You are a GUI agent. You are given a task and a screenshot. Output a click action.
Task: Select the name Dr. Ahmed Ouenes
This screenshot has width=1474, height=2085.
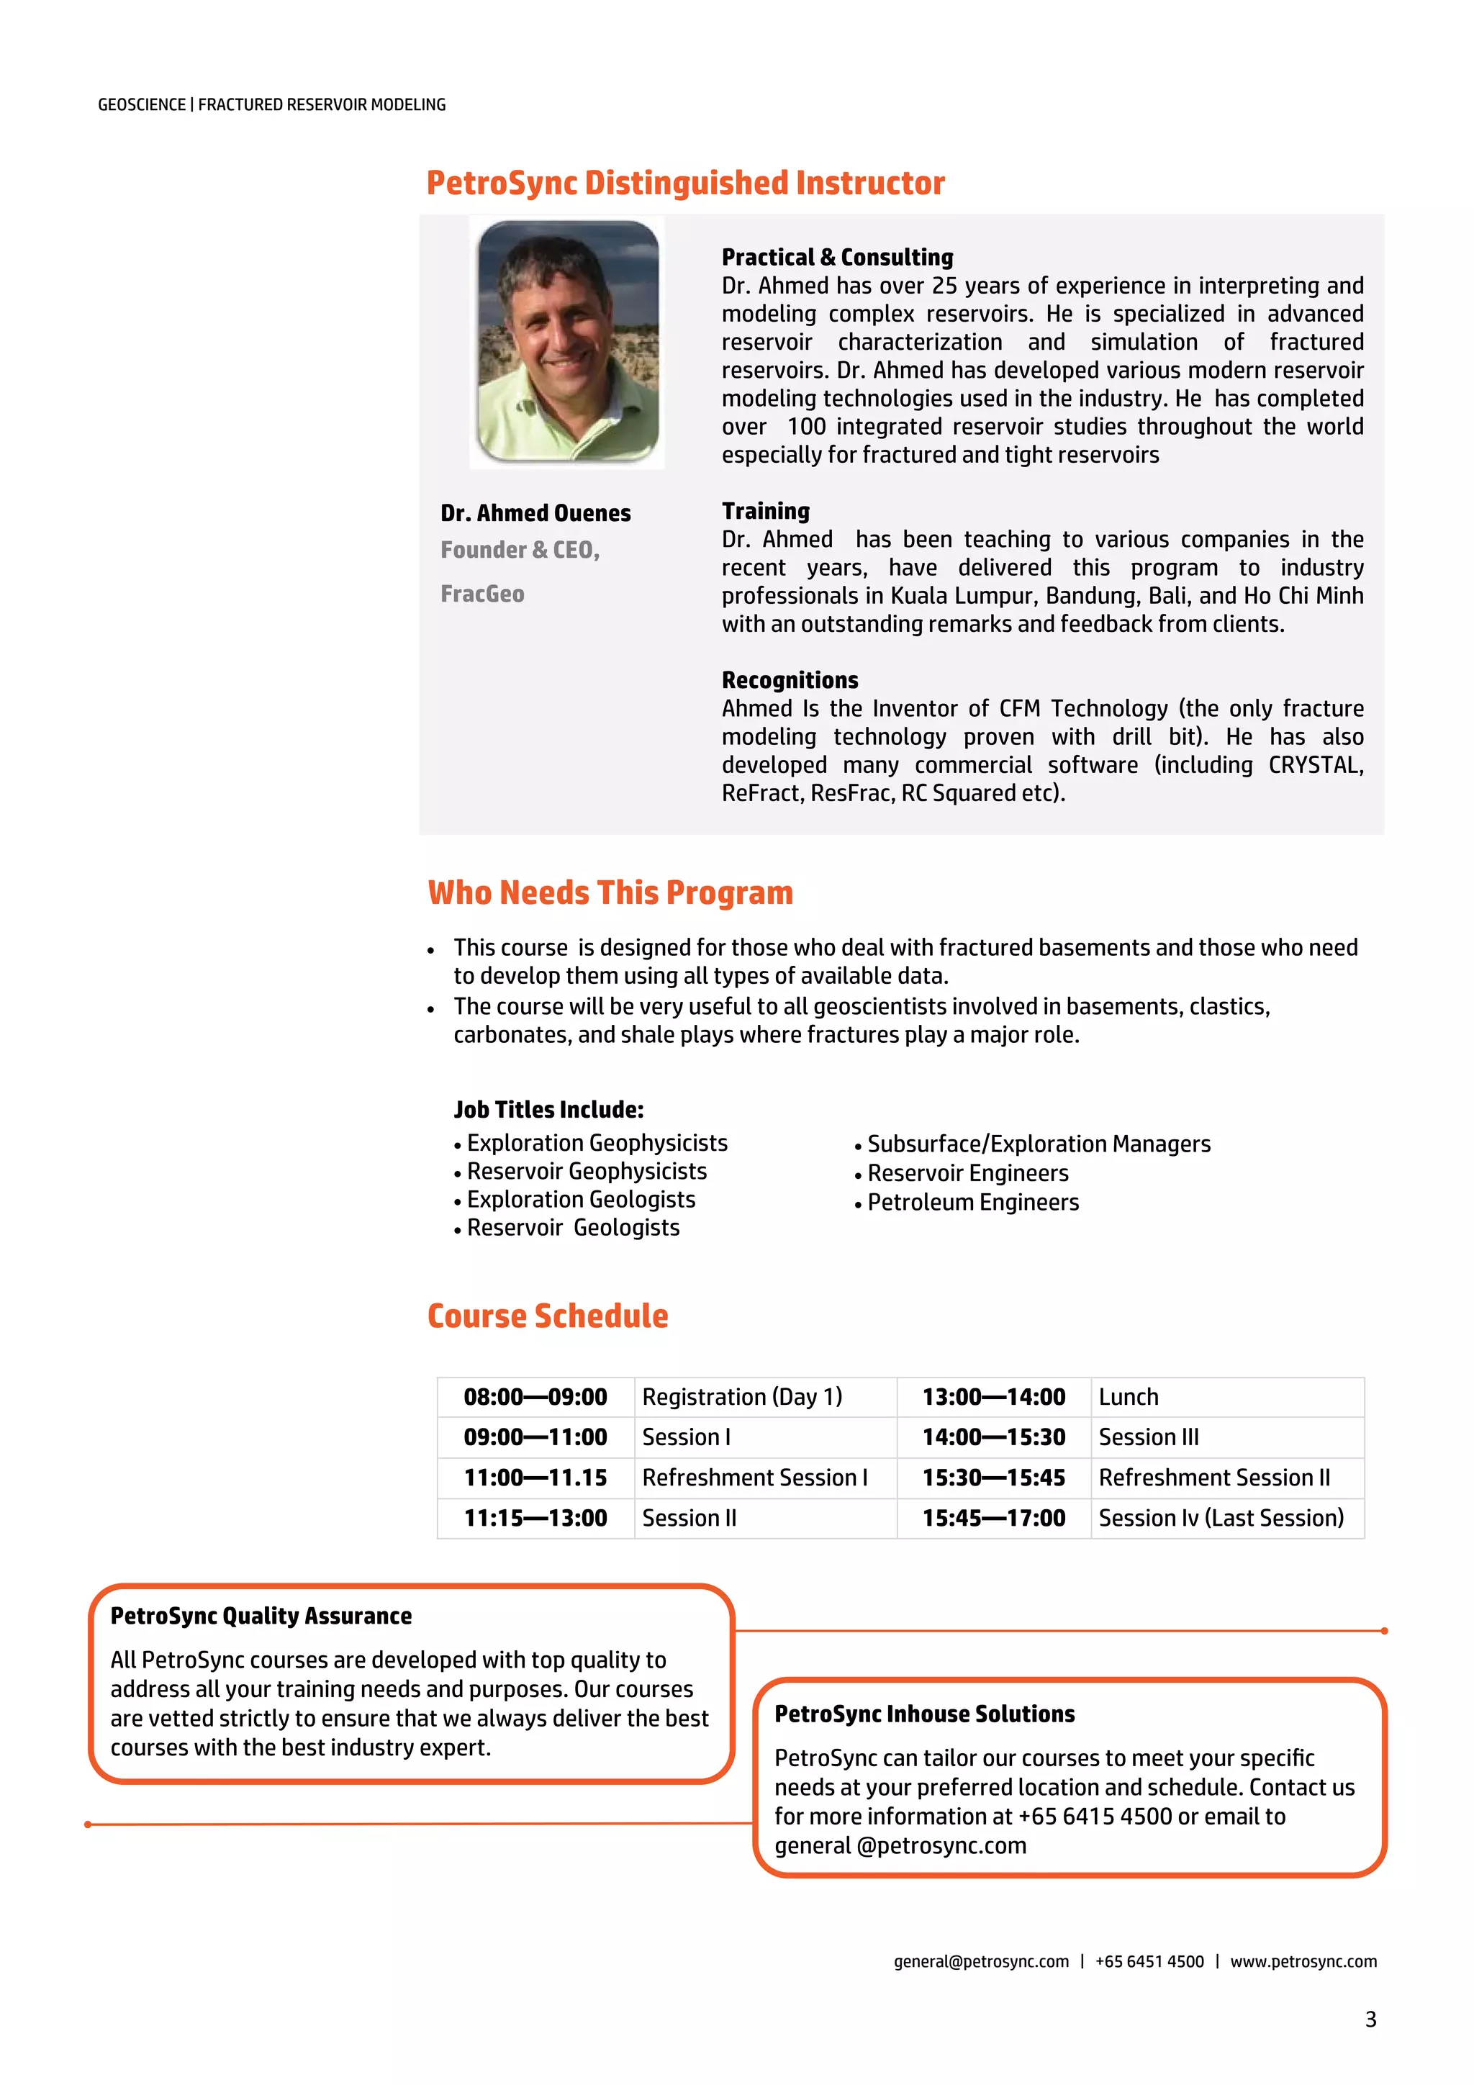535,513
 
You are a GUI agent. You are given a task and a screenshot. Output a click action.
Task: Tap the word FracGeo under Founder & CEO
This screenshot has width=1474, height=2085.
482,594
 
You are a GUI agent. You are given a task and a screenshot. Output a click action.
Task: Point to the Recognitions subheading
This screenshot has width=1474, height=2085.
790,680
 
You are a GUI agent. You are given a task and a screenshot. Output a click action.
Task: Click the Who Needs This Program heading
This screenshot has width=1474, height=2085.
610,892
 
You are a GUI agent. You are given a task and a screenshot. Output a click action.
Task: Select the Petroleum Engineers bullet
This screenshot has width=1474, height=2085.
972,1203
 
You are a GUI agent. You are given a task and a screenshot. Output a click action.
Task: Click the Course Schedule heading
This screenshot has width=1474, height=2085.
548,1316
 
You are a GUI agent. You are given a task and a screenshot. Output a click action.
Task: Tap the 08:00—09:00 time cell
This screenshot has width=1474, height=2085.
535,1397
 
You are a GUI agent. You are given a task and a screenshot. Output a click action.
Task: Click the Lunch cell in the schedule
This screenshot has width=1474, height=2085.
1128,1397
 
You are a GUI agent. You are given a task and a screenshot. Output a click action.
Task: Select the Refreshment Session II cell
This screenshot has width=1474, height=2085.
1213,1478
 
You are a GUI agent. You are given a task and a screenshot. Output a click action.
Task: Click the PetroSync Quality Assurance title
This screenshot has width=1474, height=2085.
261,1616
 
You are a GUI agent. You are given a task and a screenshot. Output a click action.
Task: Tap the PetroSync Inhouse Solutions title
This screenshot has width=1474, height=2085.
923,1714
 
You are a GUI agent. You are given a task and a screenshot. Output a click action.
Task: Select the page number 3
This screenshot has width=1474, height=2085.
1370,2020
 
